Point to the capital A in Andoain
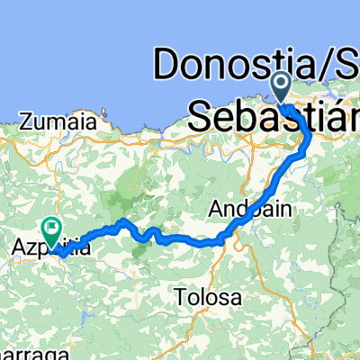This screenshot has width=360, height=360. coord(217,209)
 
